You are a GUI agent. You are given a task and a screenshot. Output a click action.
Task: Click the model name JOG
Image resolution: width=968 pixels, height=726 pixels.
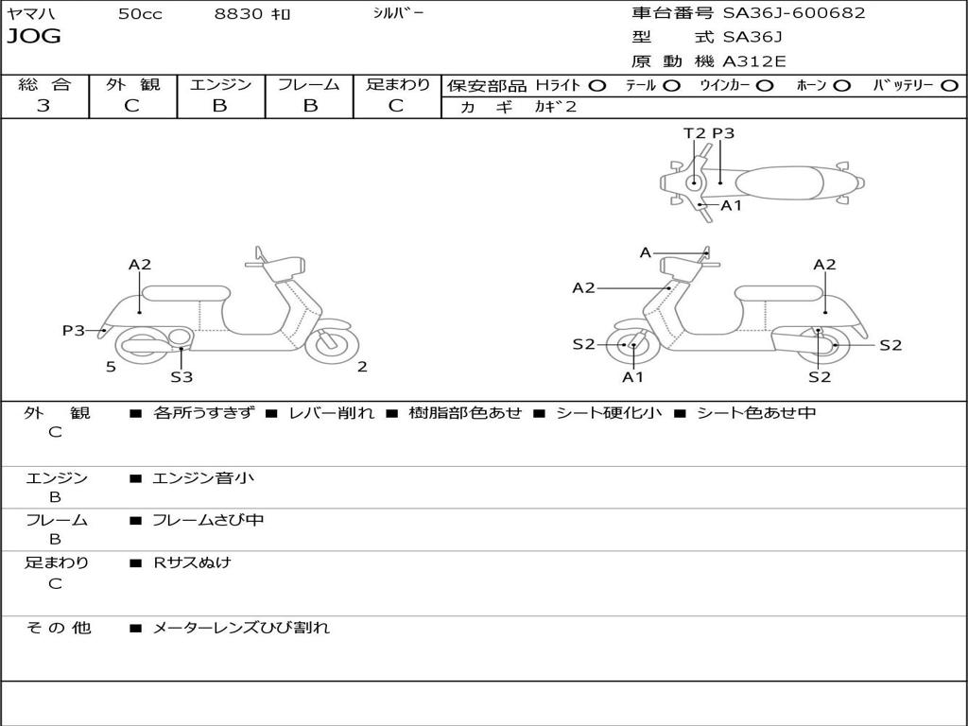[x=33, y=37]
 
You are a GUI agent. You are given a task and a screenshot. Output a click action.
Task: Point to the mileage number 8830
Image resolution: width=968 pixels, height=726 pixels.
[x=238, y=14]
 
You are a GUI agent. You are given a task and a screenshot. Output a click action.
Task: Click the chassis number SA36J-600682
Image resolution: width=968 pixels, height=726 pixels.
[x=794, y=13]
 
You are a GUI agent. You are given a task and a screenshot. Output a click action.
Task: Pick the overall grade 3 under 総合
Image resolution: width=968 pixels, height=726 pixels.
[x=43, y=106]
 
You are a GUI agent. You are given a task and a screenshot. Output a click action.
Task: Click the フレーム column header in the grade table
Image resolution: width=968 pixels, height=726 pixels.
[x=310, y=84]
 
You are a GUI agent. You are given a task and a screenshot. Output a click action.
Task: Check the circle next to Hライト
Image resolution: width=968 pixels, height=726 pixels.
[x=597, y=86]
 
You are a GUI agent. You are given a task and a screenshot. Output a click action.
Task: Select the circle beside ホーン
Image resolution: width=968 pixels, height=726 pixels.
[x=842, y=86]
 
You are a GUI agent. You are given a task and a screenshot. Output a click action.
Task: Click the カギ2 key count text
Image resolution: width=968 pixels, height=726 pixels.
[x=556, y=107]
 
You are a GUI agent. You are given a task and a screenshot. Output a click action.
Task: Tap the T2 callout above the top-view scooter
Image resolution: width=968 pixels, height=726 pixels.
[x=695, y=133]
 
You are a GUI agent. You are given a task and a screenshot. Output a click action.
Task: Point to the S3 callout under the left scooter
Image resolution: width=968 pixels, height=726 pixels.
[x=181, y=377]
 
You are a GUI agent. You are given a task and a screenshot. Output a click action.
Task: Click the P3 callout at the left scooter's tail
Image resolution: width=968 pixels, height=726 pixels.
[x=74, y=330]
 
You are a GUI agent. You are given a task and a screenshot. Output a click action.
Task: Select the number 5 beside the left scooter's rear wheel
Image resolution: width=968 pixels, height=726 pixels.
[x=111, y=367]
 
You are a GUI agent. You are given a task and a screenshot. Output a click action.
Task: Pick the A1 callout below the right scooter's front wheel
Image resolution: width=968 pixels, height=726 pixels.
[x=632, y=377]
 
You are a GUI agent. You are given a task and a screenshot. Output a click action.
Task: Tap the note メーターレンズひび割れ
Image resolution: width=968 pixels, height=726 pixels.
[x=241, y=628]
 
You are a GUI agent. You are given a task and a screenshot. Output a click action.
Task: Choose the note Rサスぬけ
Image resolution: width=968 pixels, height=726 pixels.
[x=192, y=562]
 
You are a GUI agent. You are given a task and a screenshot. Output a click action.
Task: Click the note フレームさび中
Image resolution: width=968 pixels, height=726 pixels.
[x=208, y=520]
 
